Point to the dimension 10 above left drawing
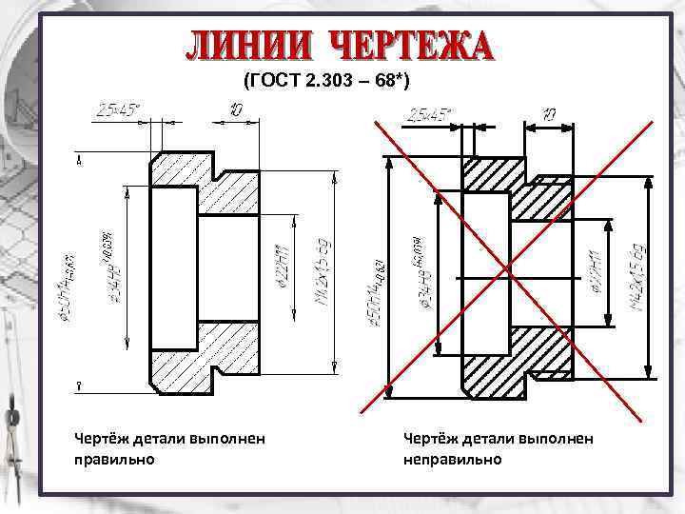click(235, 111)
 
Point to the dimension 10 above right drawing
click(549, 114)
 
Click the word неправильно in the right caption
click(452, 460)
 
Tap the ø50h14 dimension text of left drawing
click(61, 291)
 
